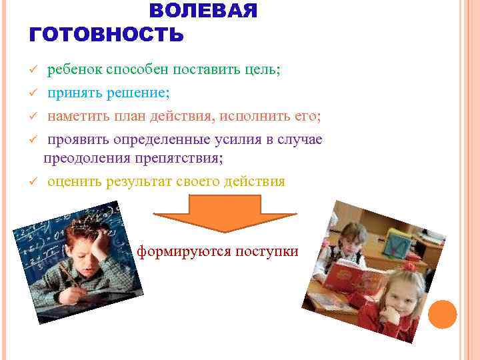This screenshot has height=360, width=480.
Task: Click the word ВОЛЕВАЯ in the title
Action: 203,11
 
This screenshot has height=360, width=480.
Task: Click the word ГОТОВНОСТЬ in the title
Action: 107,35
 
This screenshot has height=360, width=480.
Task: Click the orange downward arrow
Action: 225,213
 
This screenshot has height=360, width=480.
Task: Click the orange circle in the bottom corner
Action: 443,314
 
